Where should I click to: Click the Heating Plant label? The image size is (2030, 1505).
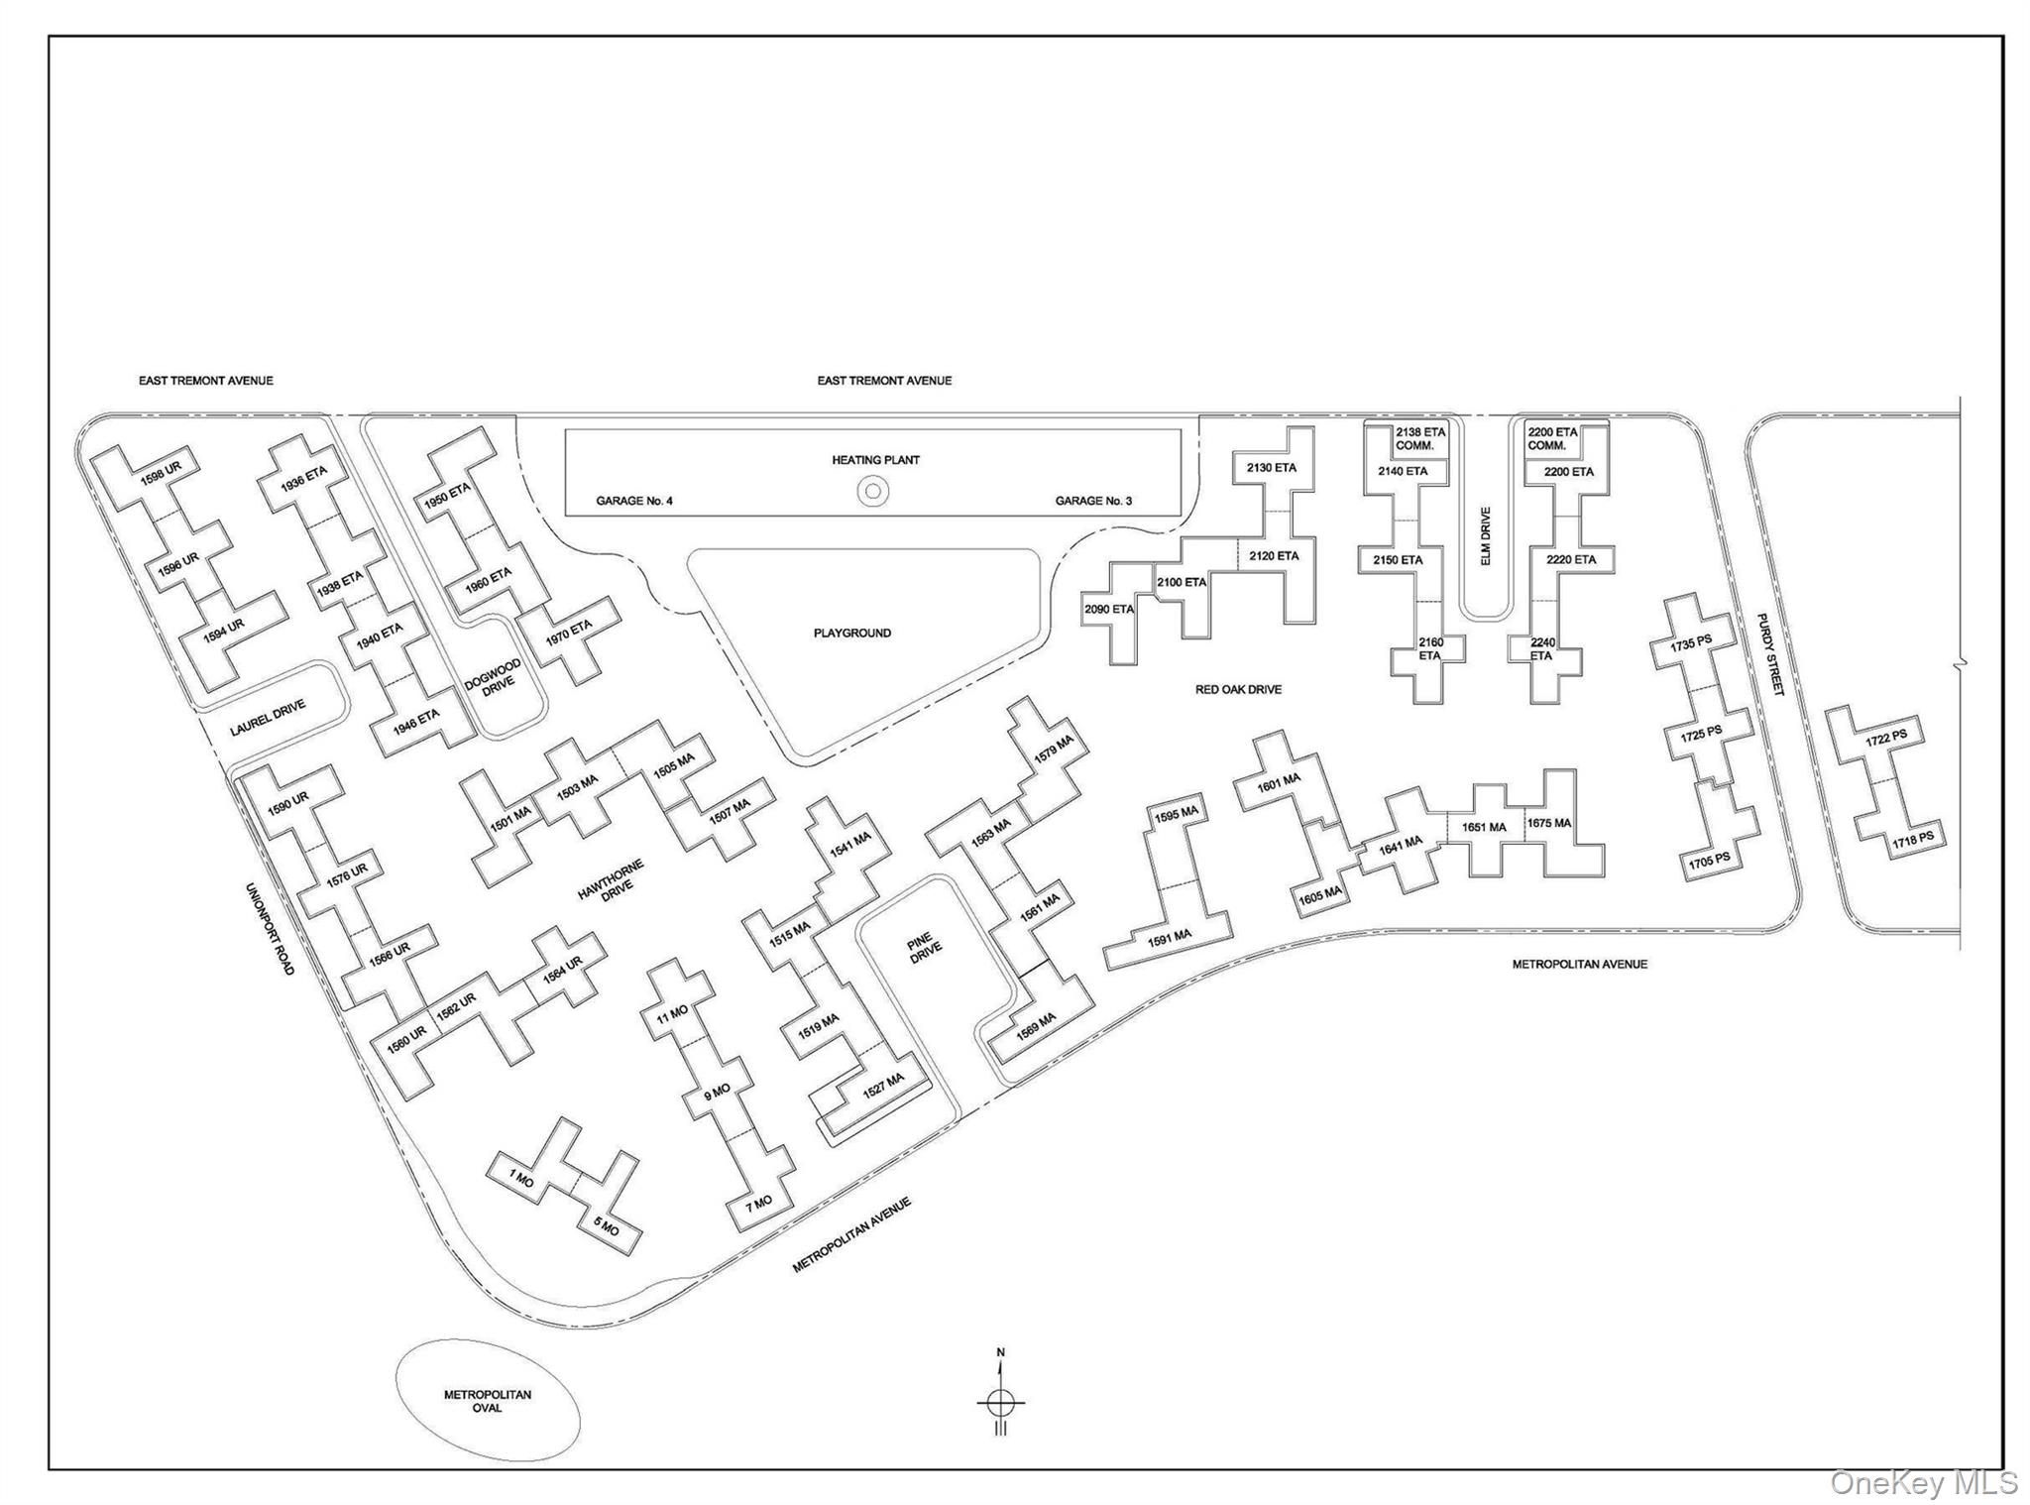(875, 460)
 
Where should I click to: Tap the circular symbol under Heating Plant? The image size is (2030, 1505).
(873, 490)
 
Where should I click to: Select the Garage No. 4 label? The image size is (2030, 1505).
(634, 501)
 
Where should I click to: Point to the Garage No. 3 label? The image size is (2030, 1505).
(1093, 501)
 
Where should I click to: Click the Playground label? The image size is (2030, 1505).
(852, 633)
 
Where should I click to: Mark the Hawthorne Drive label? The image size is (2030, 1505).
(612, 881)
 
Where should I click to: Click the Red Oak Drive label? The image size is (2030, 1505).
(1238, 689)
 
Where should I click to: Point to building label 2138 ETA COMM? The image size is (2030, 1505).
(1420, 439)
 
